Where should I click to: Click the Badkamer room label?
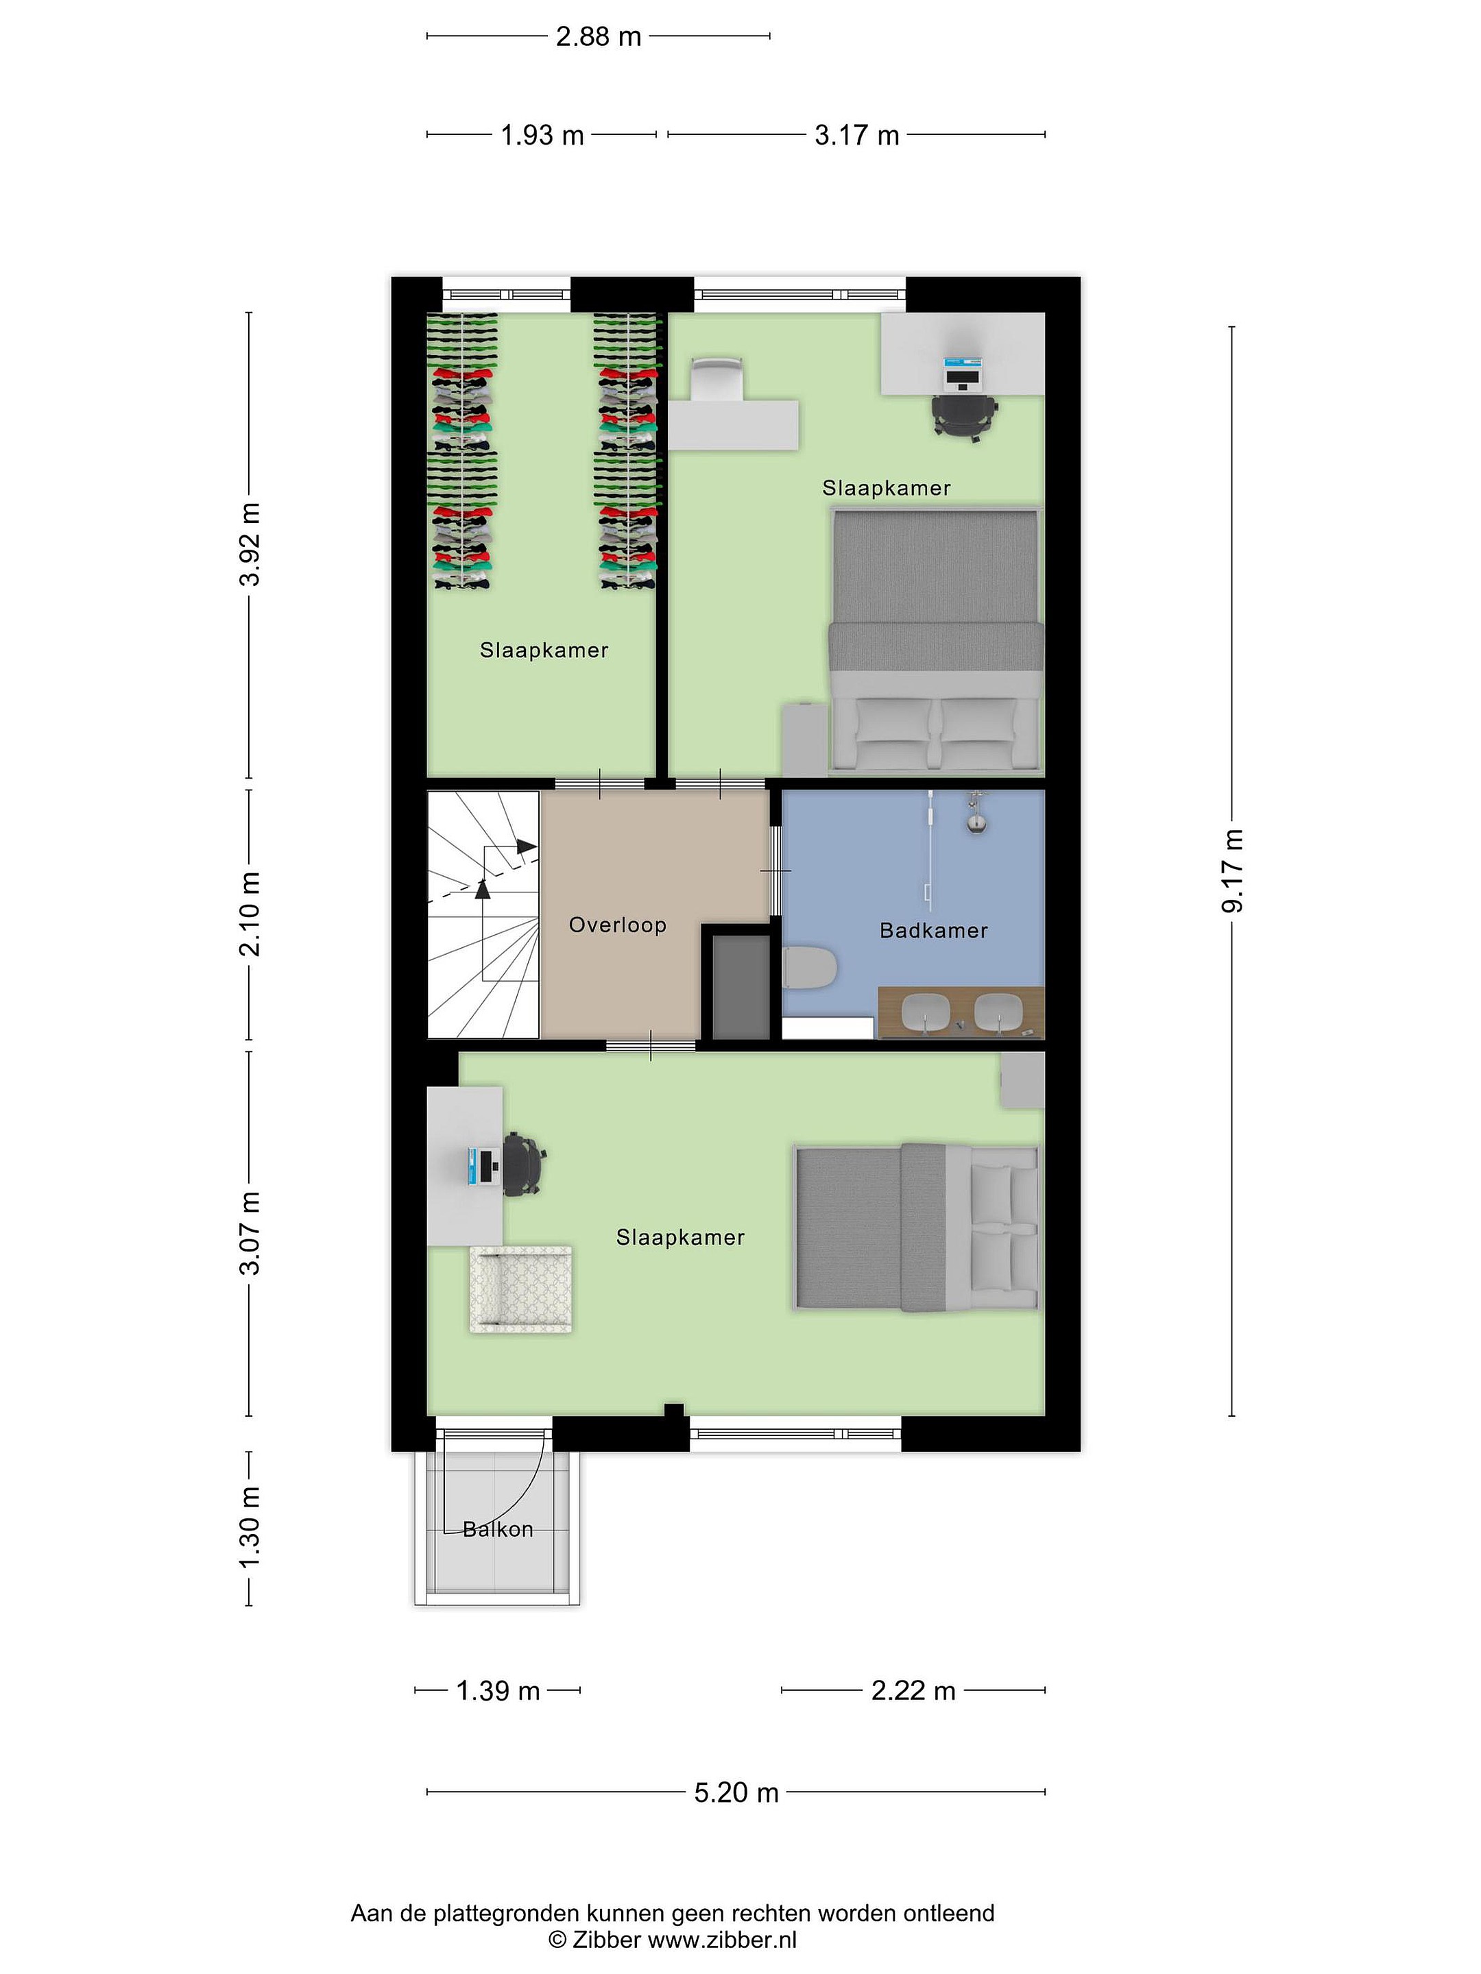[933, 931]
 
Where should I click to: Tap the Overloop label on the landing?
[618, 925]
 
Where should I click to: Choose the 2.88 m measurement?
[598, 36]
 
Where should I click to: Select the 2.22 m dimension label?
[913, 1690]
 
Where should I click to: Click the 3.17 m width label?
[856, 136]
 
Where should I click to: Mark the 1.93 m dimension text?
[542, 136]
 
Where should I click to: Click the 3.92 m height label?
[251, 544]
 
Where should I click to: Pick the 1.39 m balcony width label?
[498, 1690]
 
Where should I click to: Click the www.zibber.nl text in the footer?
[722, 1939]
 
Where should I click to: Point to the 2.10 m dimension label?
[251, 914]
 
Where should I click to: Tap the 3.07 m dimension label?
[251, 1232]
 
